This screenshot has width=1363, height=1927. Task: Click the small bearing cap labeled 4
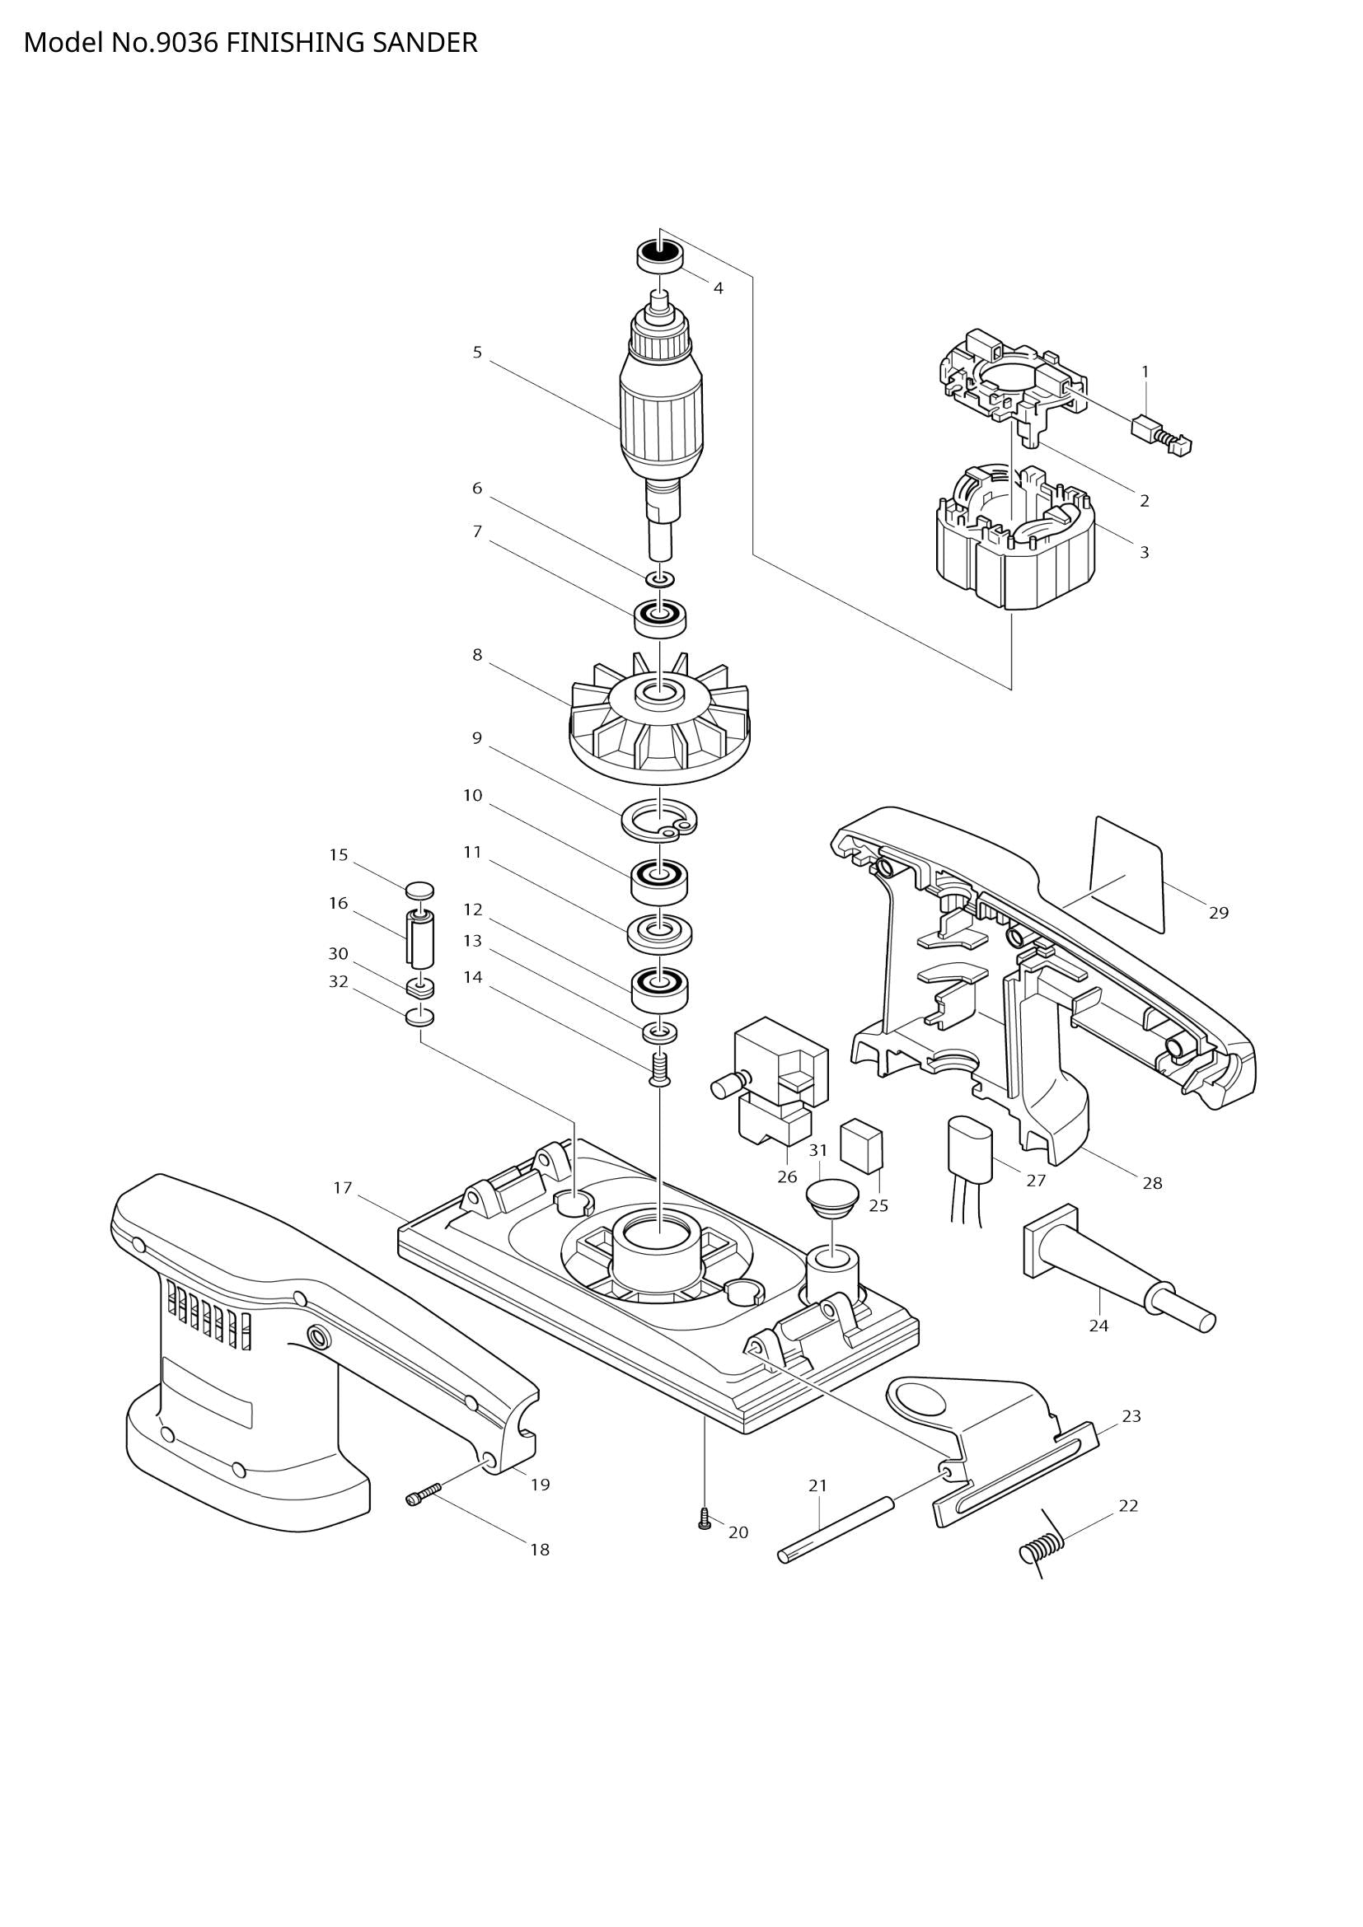click(660, 255)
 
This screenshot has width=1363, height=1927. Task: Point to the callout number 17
click(343, 1188)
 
